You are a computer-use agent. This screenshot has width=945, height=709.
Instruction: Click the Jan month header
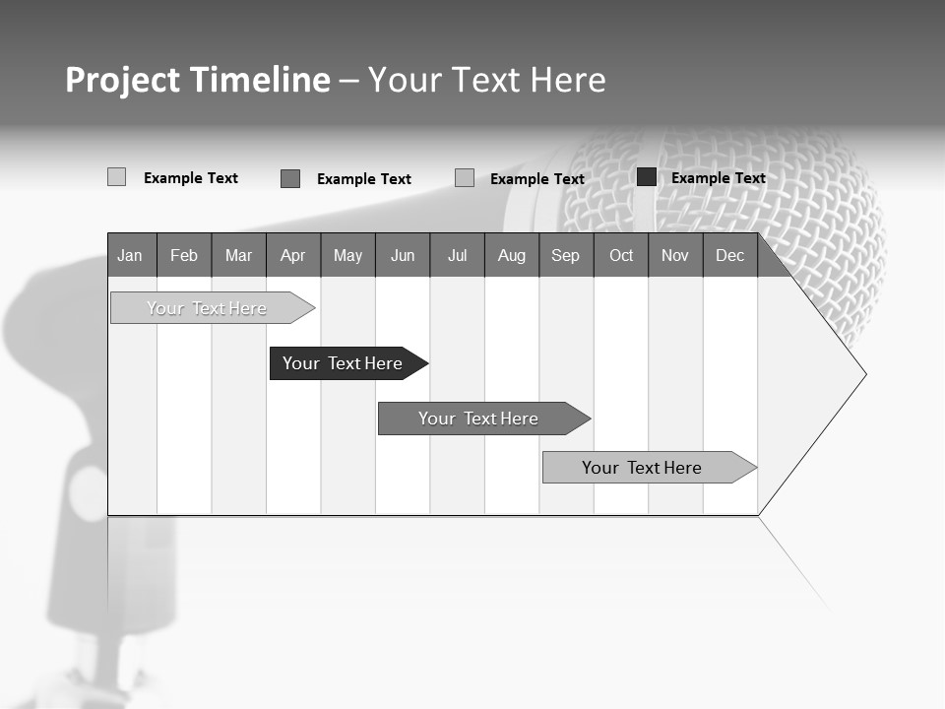coord(130,255)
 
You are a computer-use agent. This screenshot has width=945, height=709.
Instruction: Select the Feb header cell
coord(184,255)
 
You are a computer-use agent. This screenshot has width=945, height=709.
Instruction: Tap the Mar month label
coord(238,255)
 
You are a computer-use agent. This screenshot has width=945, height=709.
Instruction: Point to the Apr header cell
coord(292,255)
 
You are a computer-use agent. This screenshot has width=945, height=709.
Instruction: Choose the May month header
coord(347,255)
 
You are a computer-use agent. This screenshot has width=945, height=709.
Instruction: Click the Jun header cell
coord(403,255)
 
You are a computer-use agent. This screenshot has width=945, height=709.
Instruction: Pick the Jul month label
coord(457,255)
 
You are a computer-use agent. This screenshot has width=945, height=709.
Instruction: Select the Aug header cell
coord(511,255)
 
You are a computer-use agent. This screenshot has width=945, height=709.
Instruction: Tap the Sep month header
coord(565,255)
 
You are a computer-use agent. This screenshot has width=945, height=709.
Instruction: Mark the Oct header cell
coord(621,255)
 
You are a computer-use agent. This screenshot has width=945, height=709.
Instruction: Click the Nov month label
coord(675,255)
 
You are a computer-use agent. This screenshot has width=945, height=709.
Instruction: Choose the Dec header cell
coord(729,255)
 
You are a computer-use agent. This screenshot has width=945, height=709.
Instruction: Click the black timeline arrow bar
coord(345,363)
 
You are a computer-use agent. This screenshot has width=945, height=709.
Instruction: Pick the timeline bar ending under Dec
coord(645,468)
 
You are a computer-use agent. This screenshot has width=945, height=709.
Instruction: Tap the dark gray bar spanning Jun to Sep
coord(479,419)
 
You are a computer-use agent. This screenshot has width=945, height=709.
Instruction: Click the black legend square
coord(647,177)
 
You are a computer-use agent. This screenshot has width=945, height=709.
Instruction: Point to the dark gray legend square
coord(290,178)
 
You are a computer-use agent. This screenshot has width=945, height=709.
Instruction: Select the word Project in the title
coord(122,80)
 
